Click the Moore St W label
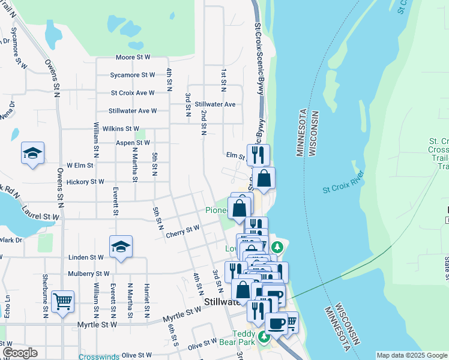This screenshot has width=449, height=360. point(133,58)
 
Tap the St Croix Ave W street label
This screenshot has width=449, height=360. point(133,93)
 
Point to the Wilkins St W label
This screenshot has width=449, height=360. point(121,128)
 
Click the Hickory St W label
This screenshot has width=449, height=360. point(86,181)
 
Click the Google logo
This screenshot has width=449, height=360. point(20,353)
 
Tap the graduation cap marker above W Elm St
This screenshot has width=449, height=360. point(33,154)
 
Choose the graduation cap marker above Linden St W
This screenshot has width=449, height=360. point(121,247)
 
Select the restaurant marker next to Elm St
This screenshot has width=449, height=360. point(258,155)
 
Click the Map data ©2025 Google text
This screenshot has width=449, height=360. point(411,355)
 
